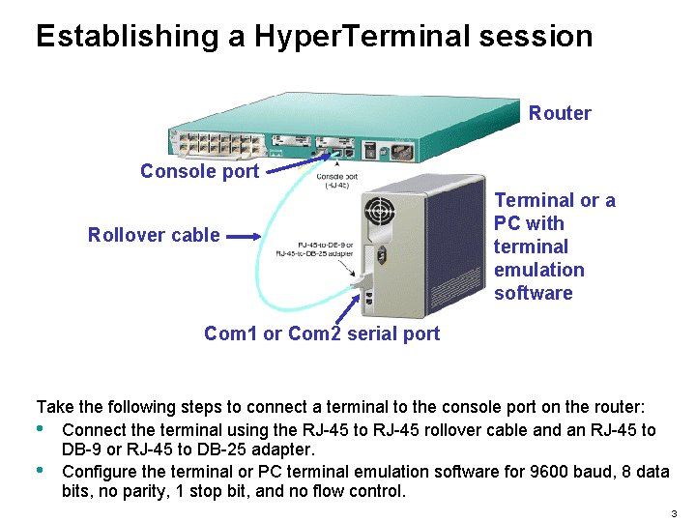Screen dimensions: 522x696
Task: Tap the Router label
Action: coord(560,113)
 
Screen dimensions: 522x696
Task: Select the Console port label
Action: coord(199,171)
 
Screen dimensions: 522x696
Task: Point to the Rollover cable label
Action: coord(154,235)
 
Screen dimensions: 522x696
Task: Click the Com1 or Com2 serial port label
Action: coord(321,333)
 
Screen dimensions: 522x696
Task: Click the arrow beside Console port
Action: coord(291,166)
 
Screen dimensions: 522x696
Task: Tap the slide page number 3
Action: coord(672,511)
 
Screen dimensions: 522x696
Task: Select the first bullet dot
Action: coord(40,429)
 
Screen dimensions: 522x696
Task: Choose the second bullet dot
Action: coord(40,471)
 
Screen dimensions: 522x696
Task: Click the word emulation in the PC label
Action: coord(538,270)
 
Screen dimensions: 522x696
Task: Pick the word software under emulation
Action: coord(533,293)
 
